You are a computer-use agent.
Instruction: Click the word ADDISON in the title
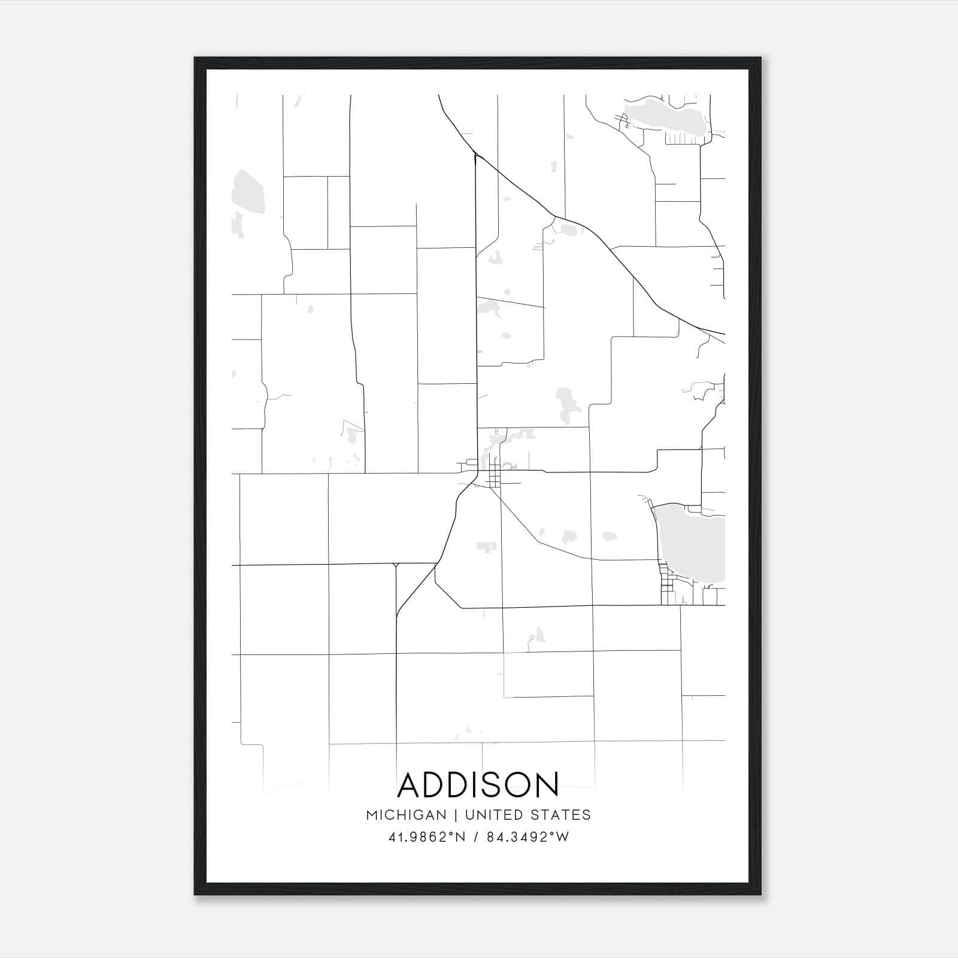(478, 784)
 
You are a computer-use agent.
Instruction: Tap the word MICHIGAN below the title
(407, 815)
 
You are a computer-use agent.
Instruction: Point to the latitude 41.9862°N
(427, 837)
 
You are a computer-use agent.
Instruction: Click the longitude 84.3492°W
(527, 837)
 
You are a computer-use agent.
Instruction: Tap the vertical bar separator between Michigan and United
(456, 815)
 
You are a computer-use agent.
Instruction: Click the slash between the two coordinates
(477, 837)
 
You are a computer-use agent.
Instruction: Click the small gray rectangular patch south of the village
(486, 546)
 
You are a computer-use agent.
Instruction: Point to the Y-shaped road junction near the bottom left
(395, 565)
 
